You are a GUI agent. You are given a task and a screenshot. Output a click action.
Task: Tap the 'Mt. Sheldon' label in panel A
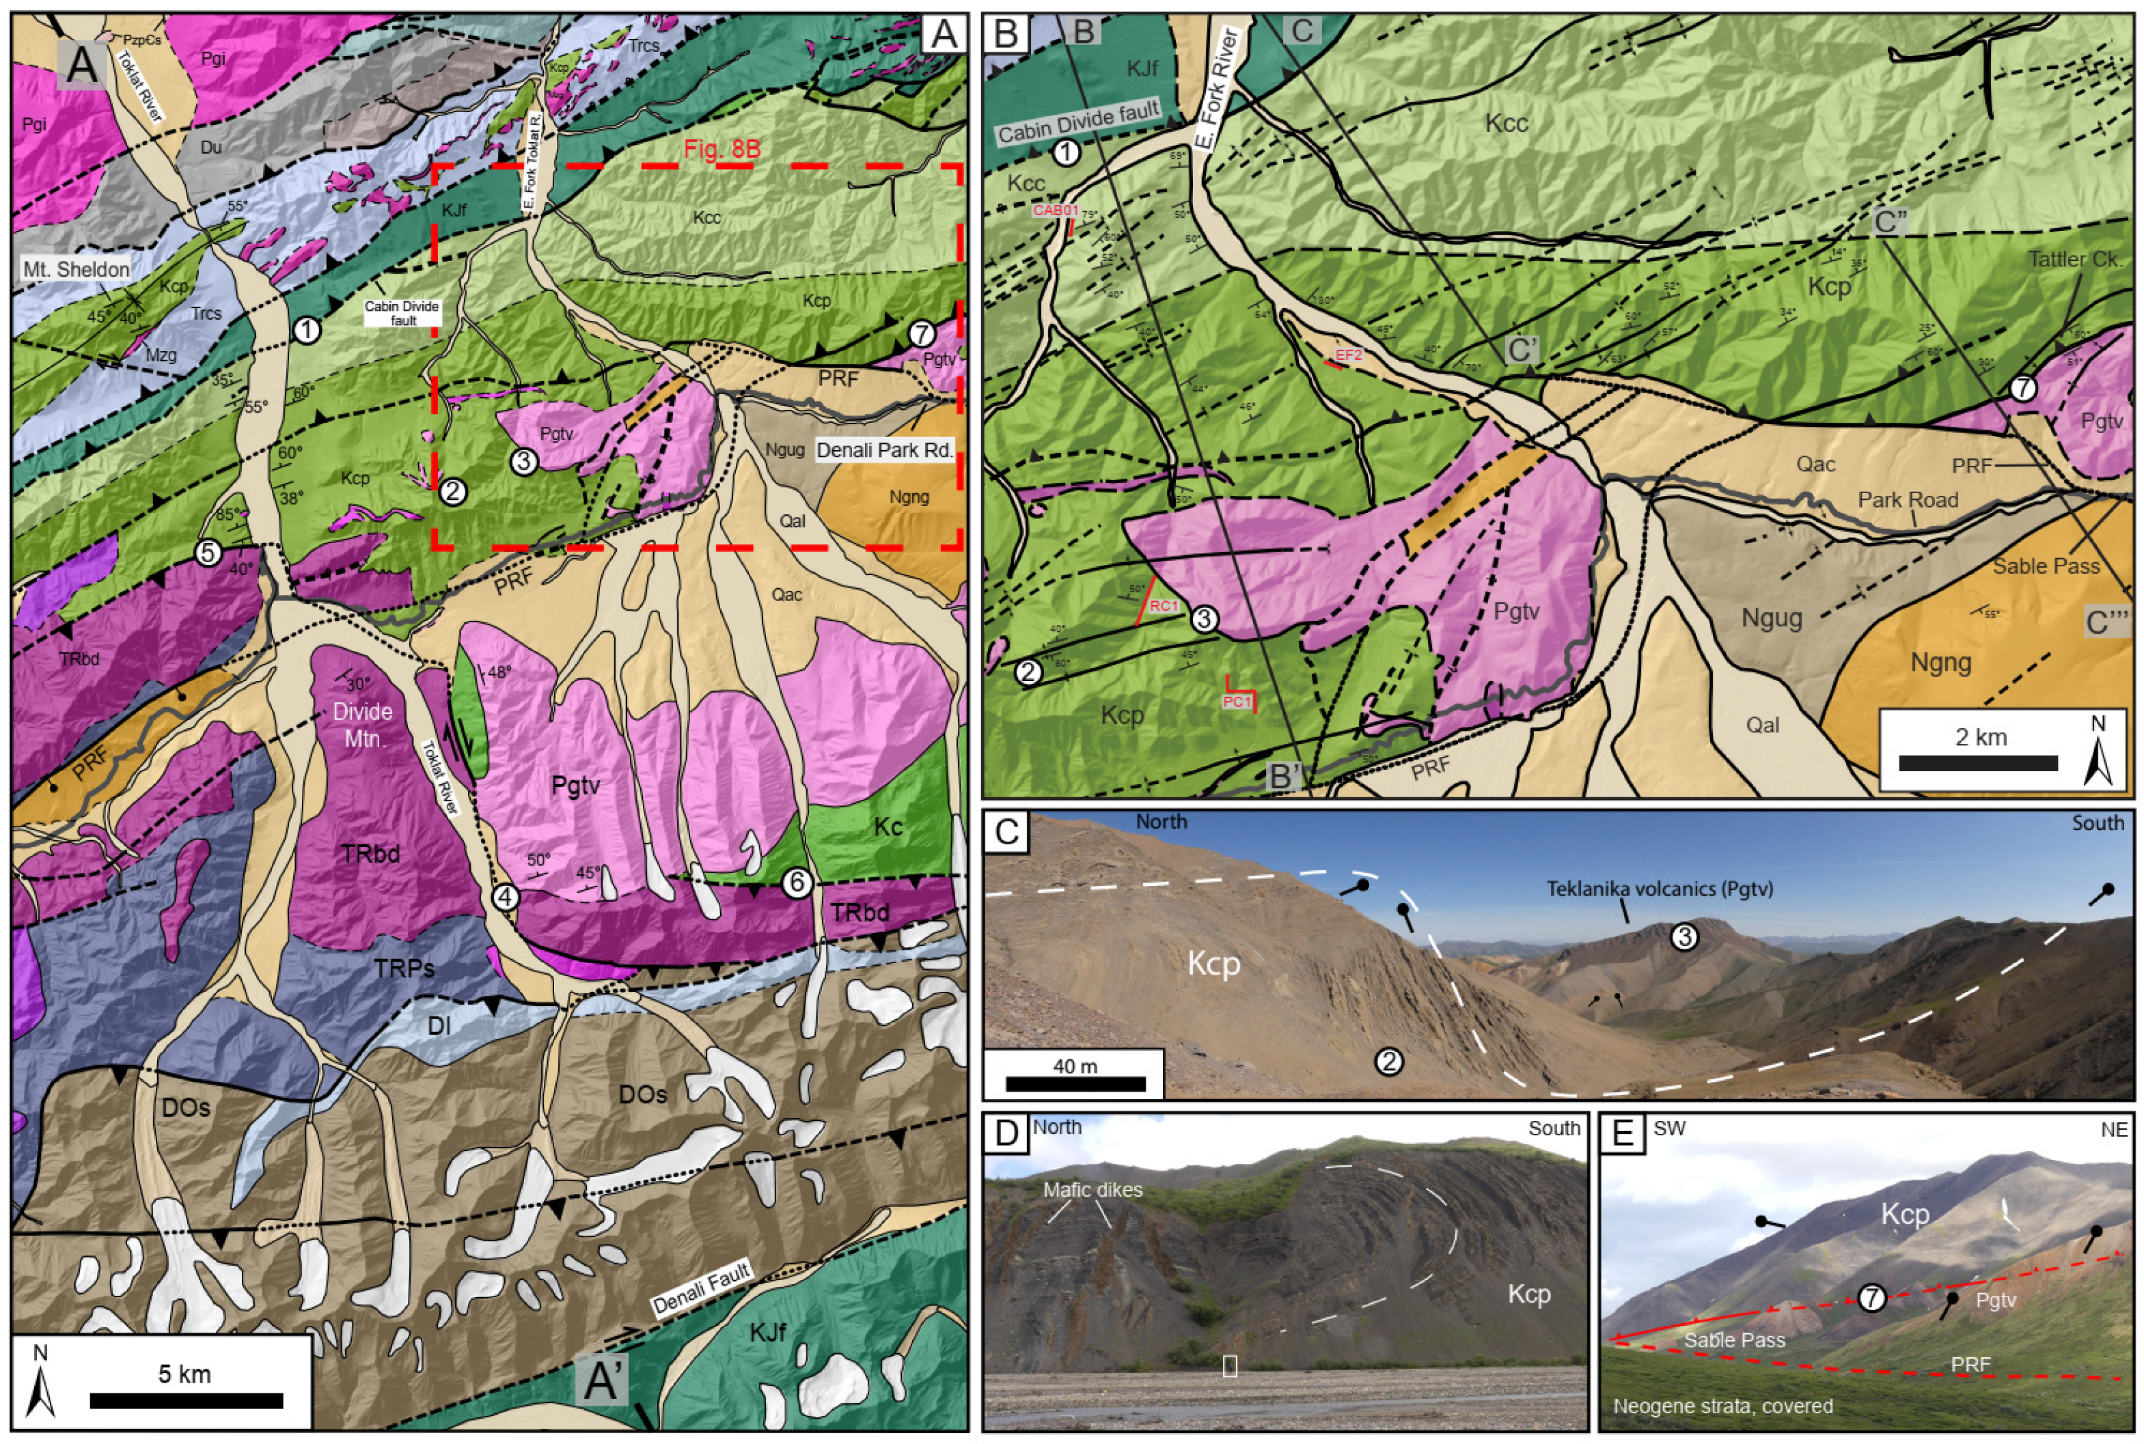[x=77, y=269]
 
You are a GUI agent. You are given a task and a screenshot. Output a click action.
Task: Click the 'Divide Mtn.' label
[x=363, y=724]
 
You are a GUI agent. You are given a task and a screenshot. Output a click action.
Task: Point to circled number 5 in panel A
[x=208, y=553]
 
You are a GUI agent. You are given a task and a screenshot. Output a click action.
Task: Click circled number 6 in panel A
[x=797, y=883]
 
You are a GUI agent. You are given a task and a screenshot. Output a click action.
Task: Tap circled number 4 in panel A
[x=505, y=896]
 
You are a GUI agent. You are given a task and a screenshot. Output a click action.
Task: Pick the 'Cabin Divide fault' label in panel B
[x=1077, y=122]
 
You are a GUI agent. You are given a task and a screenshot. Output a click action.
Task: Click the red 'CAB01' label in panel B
[x=1054, y=210]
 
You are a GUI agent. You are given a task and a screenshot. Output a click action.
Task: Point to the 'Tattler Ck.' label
[x=2076, y=260]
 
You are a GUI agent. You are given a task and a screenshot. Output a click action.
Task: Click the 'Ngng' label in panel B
[x=1941, y=661]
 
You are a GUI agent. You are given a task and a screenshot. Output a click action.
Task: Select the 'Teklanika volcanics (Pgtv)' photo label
[x=1660, y=889]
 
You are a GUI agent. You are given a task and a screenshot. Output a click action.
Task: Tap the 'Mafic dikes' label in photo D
[x=1092, y=1190]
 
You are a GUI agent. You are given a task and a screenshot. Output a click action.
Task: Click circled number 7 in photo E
[x=1871, y=1298]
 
